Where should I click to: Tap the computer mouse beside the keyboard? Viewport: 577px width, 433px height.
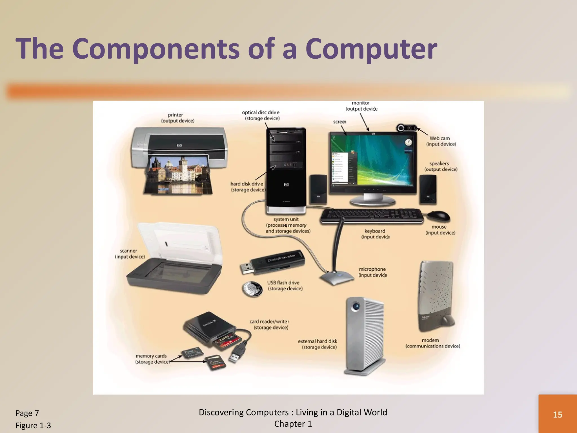pos(438,216)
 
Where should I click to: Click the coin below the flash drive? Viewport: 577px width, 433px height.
pos(252,289)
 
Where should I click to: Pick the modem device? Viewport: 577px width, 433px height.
pos(436,296)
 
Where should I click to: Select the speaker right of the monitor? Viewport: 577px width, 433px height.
pos(428,189)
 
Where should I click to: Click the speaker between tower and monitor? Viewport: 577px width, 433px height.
pos(318,189)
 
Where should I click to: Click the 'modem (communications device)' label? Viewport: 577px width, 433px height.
pos(432,343)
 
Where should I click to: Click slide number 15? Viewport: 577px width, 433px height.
pos(558,414)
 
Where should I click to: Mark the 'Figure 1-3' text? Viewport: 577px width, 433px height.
pos(33,425)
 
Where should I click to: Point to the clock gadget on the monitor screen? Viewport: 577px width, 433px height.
pos(408,142)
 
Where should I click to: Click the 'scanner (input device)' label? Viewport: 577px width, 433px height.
pos(130,254)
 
